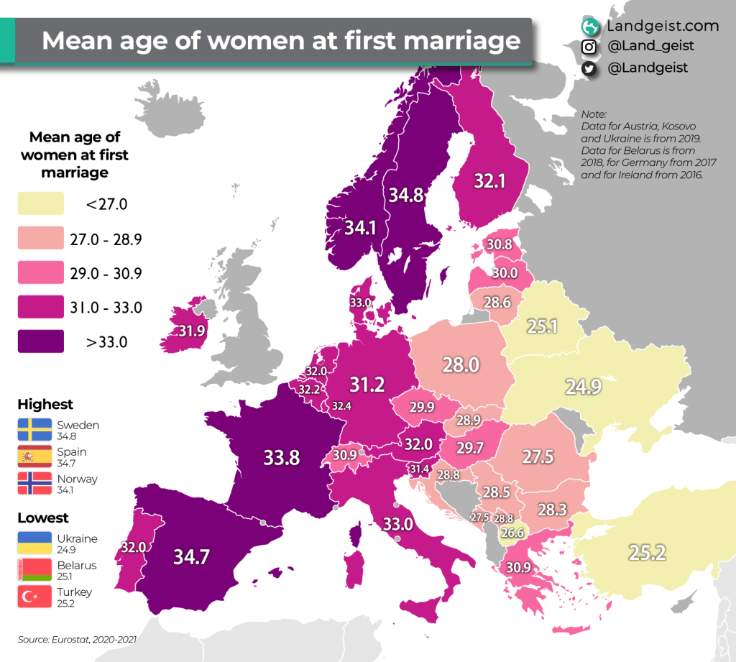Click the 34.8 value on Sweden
(x=406, y=196)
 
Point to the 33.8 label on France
(x=281, y=457)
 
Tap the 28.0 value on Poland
(x=460, y=364)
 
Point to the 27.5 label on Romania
(x=537, y=458)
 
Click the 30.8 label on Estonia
(x=498, y=244)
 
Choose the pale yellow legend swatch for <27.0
(x=41, y=204)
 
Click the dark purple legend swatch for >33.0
(x=41, y=342)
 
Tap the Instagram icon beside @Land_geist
(x=589, y=47)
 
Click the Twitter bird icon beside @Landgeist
(x=589, y=68)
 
